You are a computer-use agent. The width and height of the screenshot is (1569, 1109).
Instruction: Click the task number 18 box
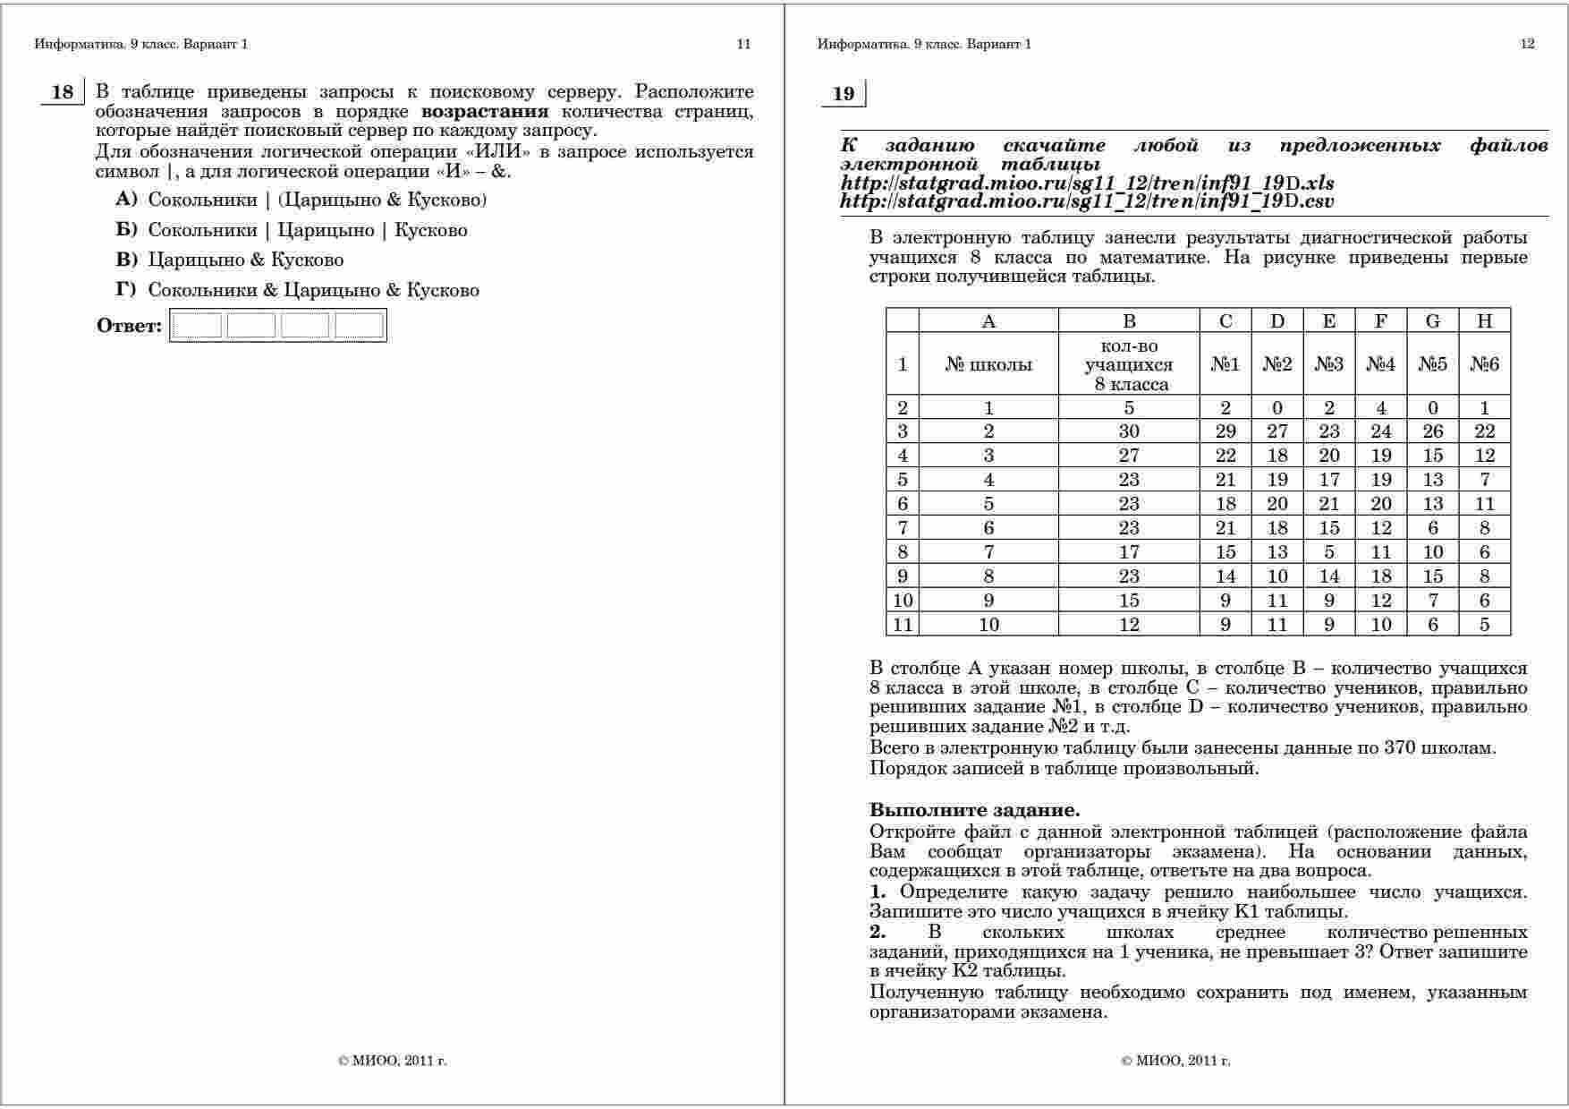coord(63,92)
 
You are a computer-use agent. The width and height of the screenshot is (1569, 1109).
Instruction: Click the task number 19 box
coord(844,94)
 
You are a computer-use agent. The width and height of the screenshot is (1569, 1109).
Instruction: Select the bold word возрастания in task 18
coord(484,112)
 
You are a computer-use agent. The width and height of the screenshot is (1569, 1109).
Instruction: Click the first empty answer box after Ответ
coord(197,326)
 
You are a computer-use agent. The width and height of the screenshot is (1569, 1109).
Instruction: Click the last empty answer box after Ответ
coord(360,326)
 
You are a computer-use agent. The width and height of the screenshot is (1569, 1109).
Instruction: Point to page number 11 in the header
coord(743,44)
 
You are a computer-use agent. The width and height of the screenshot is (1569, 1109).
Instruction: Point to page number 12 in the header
coord(1527,44)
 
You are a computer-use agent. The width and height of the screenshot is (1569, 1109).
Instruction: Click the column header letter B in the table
coord(1129,321)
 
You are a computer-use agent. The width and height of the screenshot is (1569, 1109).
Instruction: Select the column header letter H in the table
coord(1484,321)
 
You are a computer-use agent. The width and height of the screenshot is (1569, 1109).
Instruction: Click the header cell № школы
coord(988,364)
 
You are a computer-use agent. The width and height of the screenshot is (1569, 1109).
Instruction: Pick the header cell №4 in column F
coord(1380,364)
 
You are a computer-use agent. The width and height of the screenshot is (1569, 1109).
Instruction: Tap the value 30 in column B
coord(1129,431)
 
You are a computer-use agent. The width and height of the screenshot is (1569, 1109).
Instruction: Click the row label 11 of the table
coord(903,625)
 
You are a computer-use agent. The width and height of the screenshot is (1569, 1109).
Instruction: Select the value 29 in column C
coord(1226,431)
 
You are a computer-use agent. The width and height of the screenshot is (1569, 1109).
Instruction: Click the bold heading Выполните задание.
coord(974,810)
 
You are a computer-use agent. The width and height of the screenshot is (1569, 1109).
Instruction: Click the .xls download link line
coord(1087,183)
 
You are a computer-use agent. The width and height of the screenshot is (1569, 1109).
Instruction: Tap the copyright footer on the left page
coord(393,1061)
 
